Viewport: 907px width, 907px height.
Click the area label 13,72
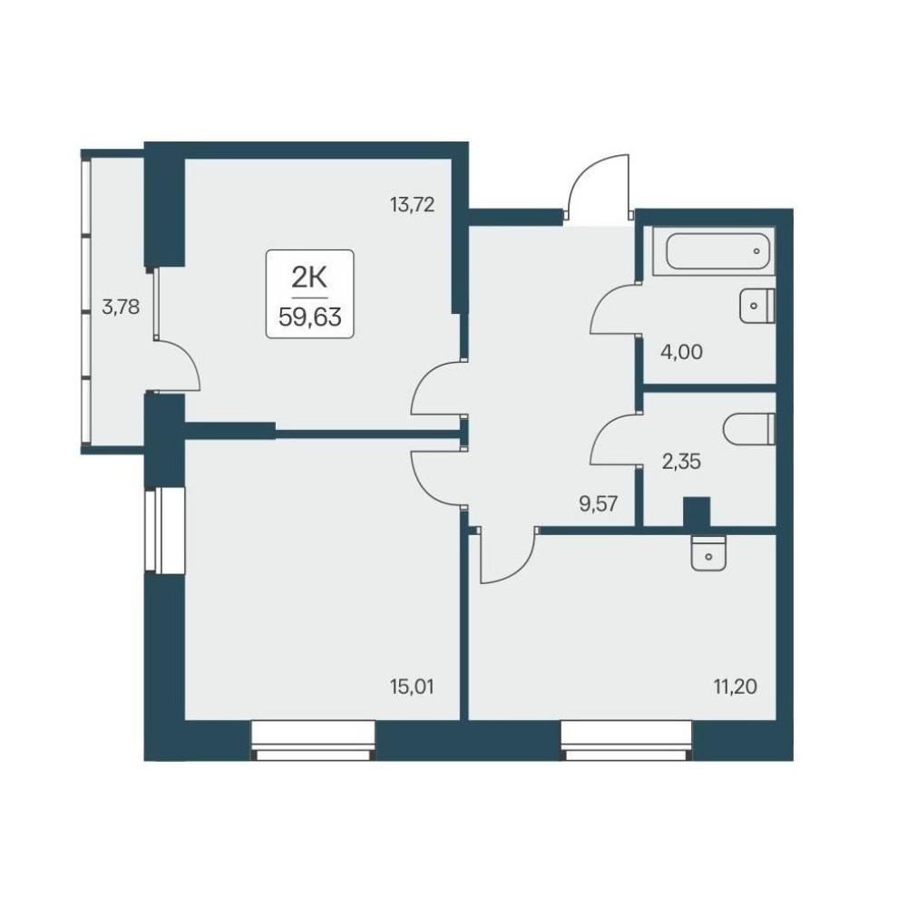pos(413,204)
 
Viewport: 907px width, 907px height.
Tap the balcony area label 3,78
pos(121,307)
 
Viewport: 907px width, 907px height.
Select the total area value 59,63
pos(310,317)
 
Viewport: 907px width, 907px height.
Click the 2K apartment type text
pos(309,278)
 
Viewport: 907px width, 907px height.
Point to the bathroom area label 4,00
pos(681,352)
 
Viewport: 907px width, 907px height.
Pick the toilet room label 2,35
pos(681,462)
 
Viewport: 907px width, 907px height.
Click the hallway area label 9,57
pos(599,503)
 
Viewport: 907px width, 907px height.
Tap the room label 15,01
pos(413,688)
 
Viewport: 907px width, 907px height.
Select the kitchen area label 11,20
pos(736,688)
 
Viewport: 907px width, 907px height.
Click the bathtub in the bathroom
pos(717,251)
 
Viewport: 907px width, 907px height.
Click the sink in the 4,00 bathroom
pos(756,306)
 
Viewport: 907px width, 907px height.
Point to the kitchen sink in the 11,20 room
pos(708,553)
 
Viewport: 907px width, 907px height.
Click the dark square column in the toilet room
pos(697,512)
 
